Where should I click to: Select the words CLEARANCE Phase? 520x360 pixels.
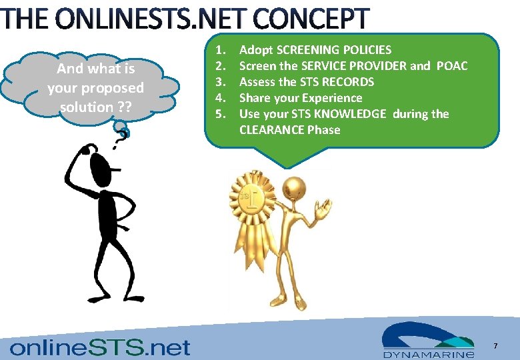point(289,130)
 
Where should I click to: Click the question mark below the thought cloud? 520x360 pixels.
point(123,134)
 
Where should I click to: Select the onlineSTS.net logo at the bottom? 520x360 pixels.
point(100,347)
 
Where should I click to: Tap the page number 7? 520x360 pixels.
point(495,346)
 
